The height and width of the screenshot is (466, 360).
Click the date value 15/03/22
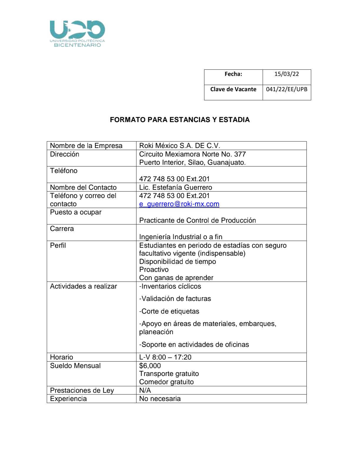(286, 74)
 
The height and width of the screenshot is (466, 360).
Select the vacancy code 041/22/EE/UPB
(286, 89)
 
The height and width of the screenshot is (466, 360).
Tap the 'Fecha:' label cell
(233, 74)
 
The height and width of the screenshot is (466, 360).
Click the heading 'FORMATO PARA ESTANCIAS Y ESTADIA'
(180, 120)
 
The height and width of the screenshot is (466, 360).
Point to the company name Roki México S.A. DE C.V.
(179, 146)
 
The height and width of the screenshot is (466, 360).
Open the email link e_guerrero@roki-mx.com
(179, 204)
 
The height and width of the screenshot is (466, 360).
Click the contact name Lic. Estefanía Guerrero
(176, 188)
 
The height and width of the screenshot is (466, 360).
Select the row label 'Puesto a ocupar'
(76, 212)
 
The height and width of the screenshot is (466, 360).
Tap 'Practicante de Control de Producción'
(197, 221)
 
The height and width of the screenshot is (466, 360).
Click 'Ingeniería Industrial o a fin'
(181, 237)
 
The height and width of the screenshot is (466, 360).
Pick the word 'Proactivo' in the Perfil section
(154, 270)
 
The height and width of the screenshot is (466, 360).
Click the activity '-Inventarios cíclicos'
(170, 287)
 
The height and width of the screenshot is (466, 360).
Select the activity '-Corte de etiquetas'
(169, 312)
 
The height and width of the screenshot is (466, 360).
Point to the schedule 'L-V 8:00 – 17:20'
(165, 357)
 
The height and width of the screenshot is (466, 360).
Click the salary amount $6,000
(150, 366)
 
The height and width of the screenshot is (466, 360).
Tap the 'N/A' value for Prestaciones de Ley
(145, 391)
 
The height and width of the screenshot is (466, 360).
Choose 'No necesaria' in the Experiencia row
(160, 399)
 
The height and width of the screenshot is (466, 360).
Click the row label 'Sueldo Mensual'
(75, 366)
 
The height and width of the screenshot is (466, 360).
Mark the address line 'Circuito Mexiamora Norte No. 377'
(192, 154)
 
